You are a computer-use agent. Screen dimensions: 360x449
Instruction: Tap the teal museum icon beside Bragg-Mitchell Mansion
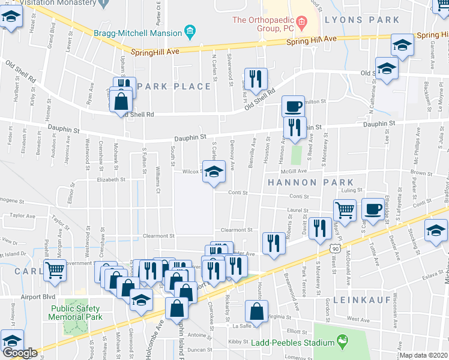pyautogui.click(x=190, y=31)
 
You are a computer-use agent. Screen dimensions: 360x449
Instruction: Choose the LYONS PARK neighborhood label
pyautogui.click(x=361, y=20)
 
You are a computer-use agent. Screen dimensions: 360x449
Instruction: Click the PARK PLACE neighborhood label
pyautogui.click(x=174, y=86)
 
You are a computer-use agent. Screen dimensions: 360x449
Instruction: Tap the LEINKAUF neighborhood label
pyautogui.click(x=367, y=299)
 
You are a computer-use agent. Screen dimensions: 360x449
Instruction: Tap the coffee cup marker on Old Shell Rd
pyautogui.click(x=293, y=106)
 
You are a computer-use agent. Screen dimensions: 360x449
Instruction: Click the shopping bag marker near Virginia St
pyautogui.click(x=256, y=311)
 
